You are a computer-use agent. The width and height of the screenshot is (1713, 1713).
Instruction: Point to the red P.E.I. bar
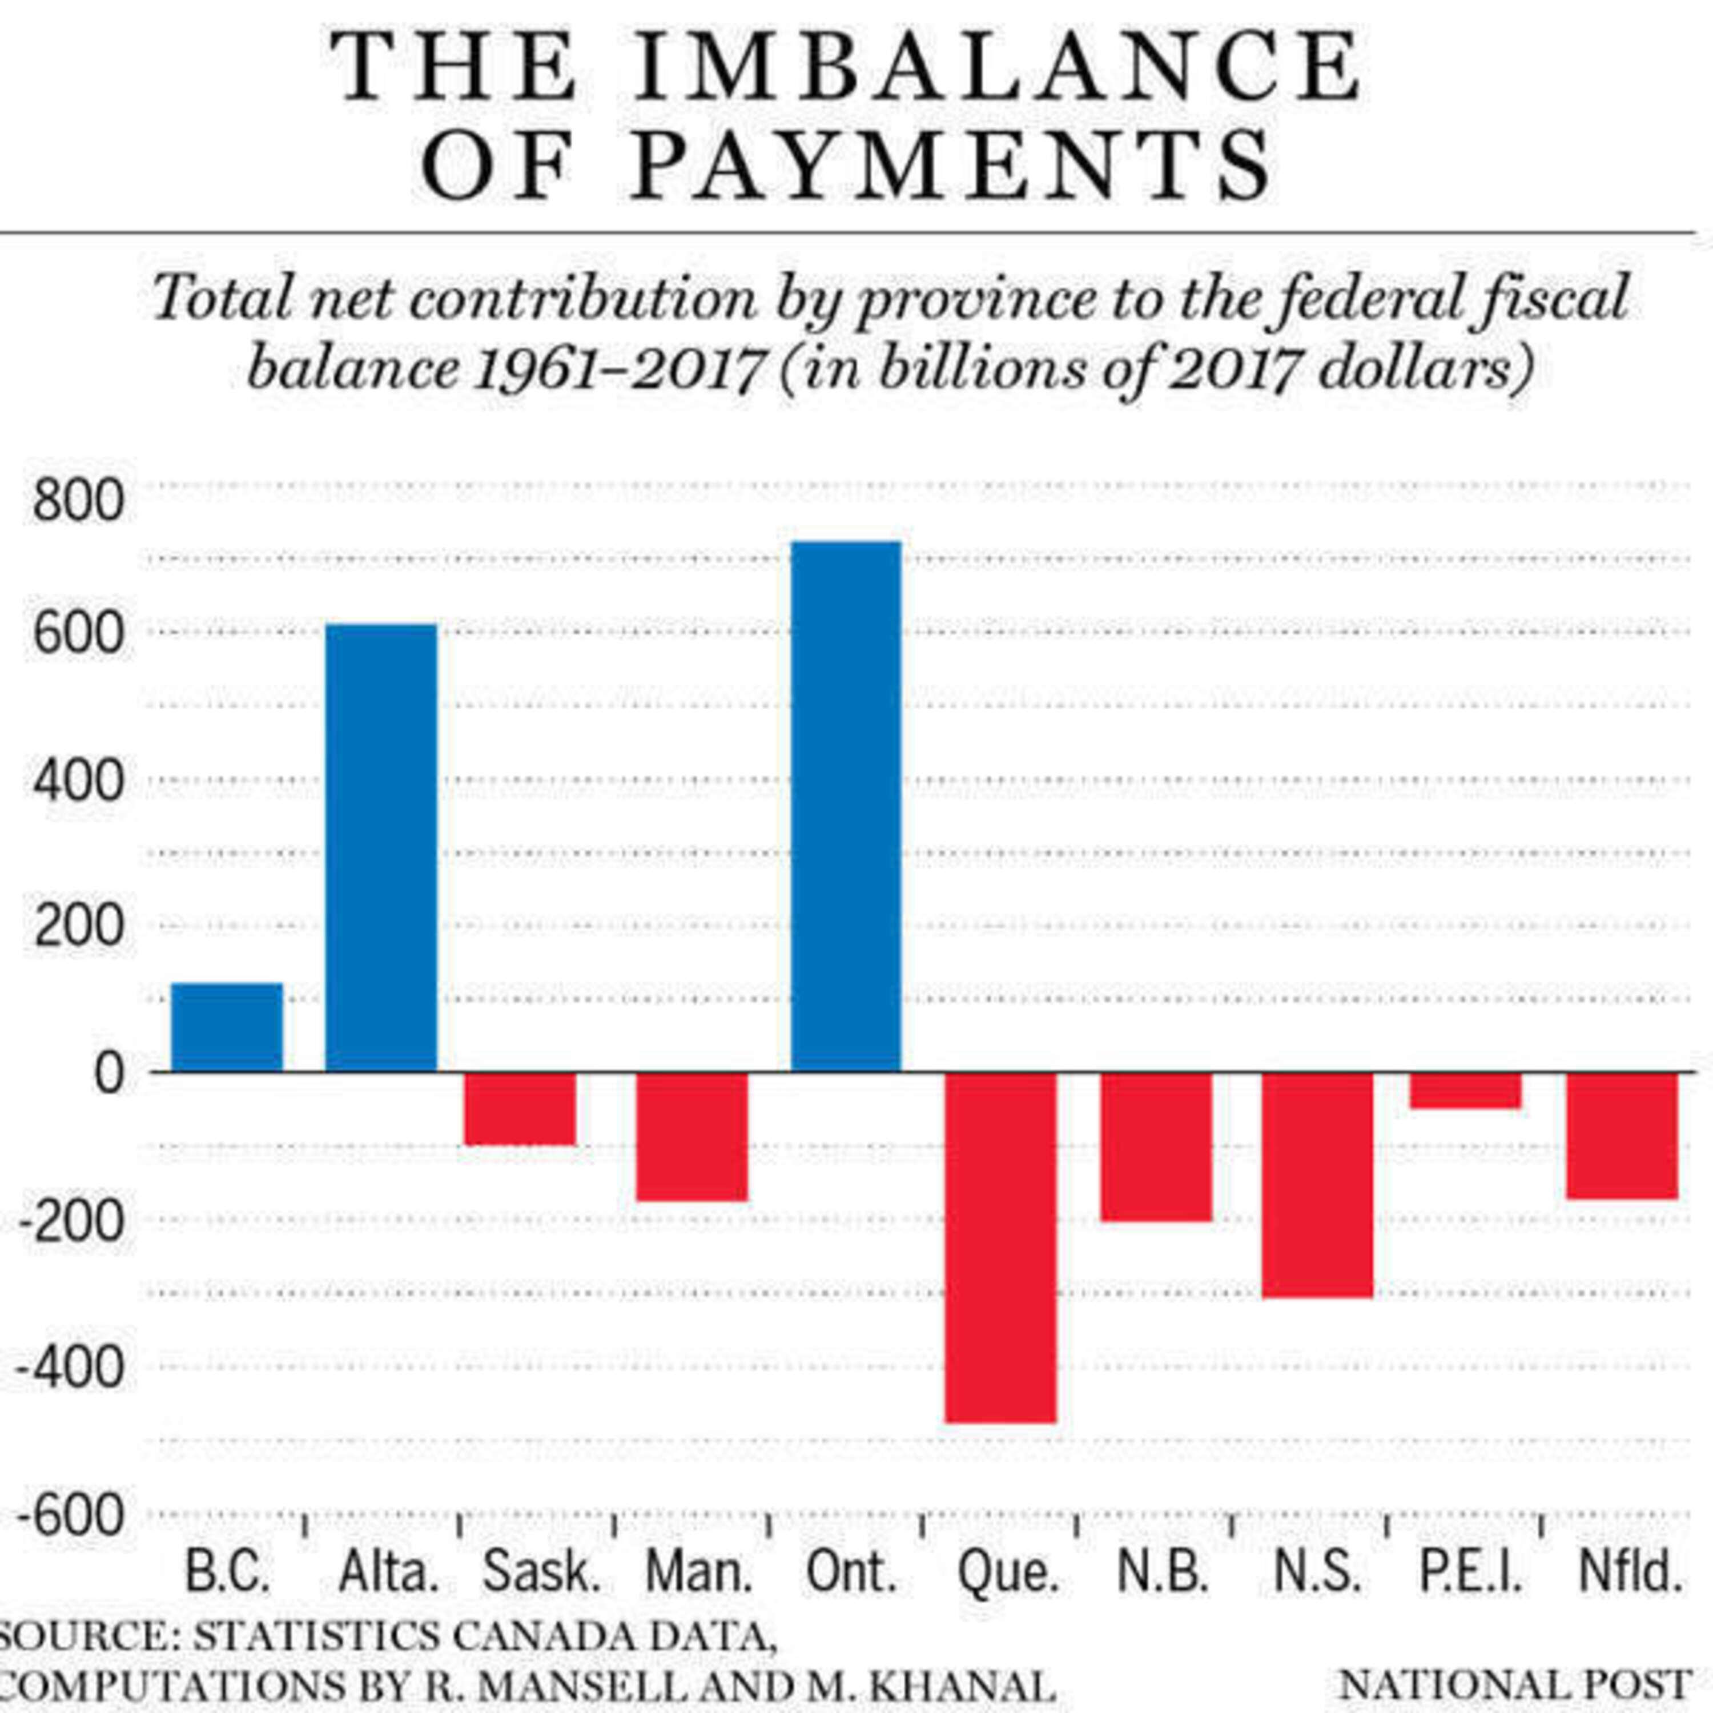(1466, 1089)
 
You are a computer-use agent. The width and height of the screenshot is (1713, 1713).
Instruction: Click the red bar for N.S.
(1317, 1185)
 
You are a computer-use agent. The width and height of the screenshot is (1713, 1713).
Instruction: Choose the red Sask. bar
(520, 1108)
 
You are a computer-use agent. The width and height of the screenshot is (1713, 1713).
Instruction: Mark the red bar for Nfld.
(1622, 1136)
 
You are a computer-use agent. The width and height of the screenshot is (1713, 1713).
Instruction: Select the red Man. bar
(693, 1137)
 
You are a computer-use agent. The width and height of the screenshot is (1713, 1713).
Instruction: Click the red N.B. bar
(1156, 1147)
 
